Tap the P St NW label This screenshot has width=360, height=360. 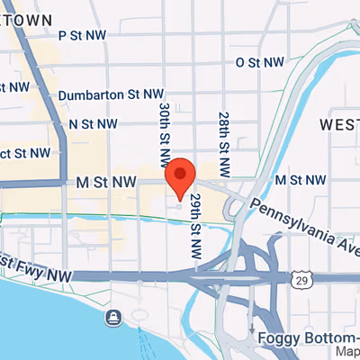coord(82,35)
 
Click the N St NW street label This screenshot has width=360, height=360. coord(93,123)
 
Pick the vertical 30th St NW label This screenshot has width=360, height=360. coord(165,133)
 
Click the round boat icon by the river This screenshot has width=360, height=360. coord(114,317)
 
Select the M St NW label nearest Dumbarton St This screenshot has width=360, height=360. coord(106,182)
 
